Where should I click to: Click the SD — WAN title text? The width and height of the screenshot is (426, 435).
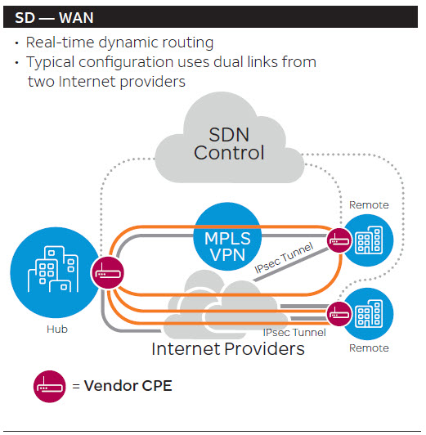click(54, 18)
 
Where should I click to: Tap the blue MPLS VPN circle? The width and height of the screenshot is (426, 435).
click(227, 236)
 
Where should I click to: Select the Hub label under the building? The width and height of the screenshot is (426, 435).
click(57, 329)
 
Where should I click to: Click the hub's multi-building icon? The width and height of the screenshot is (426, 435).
click(53, 269)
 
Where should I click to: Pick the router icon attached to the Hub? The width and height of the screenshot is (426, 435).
click(108, 273)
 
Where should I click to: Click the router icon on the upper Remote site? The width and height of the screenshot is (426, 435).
click(339, 240)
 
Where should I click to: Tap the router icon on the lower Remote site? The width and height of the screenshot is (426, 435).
click(339, 314)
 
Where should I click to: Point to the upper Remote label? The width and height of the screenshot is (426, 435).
click(369, 205)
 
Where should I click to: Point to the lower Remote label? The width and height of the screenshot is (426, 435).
click(369, 348)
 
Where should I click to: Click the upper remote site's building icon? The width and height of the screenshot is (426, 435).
click(369, 240)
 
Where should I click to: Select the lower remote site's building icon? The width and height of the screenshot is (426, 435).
click(369, 313)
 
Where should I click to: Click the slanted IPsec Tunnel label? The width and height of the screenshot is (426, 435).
click(284, 258)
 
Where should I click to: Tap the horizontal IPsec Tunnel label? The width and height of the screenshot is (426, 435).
click(294, 332)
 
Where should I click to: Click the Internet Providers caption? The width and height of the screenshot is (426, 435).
click(228, 348)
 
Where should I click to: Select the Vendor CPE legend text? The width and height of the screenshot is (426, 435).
click(128, 386)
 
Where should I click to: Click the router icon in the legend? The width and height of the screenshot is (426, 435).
click(50, 386)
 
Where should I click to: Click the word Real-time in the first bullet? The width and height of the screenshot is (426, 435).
click(61, 43)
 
